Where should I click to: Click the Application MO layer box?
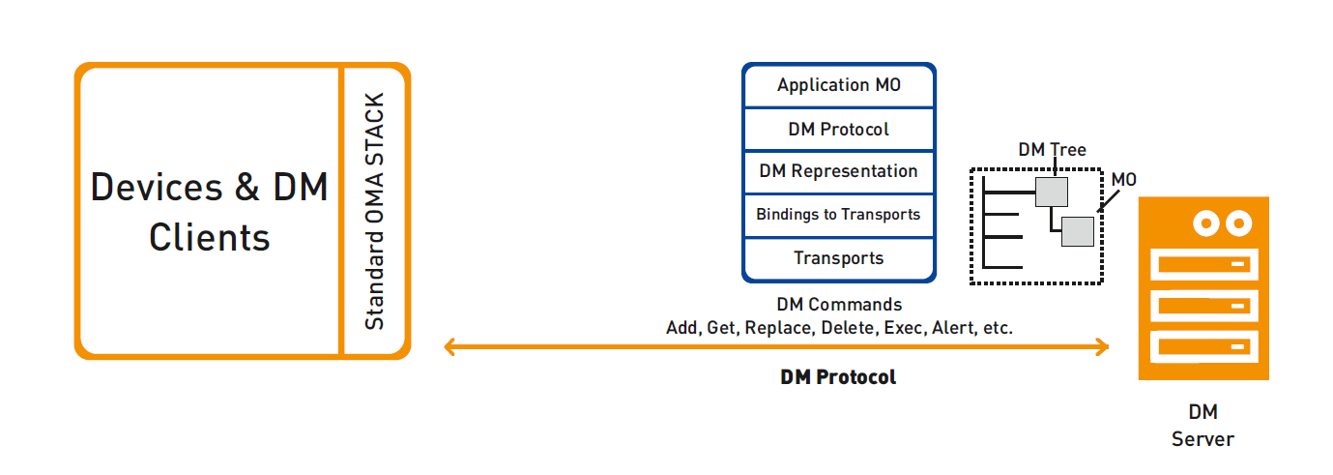[838, 86]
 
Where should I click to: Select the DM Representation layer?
[838, 172]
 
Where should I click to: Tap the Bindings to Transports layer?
[838, 215]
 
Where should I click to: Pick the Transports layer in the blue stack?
[838, 259]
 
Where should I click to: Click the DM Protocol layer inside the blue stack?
[838, 130]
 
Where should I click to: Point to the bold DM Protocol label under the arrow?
[838, 376]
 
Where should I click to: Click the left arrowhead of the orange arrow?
[449, 347]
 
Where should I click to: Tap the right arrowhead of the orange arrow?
[1103, 347]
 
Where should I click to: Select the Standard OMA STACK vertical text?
[374, 211]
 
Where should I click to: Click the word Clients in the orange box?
[210, 238]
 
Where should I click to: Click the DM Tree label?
[1052, 149]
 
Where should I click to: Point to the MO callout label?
[1123, 179]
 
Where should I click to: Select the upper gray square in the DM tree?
[1052, 192]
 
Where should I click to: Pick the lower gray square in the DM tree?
[1078, 231]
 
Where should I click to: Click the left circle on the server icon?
[1206, 223]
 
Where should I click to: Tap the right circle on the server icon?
[1239, 223]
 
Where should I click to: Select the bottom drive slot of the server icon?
[1203, 347]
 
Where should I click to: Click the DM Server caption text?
[1203, 426]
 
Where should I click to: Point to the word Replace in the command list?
[778, 328]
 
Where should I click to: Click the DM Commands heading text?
[839, 305]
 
